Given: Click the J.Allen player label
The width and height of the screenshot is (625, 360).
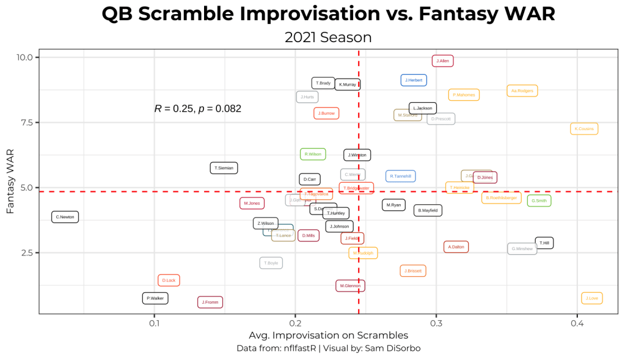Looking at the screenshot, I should point(442,61).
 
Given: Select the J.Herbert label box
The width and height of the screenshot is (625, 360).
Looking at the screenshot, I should point(414,80).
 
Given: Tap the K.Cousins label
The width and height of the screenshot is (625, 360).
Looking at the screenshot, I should point(584,129).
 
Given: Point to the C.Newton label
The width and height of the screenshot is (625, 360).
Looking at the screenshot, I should point(65,217).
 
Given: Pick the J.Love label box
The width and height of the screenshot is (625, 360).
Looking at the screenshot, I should point(592,298).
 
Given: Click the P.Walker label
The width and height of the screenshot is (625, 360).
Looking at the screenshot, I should point(155,298).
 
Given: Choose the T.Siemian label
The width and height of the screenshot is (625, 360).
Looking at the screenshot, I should point(224,168).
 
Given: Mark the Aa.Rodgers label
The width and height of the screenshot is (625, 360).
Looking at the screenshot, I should point(522,91).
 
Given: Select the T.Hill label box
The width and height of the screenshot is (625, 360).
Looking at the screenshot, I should point(544,243).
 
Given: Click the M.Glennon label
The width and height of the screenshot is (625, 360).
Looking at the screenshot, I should point(350,285).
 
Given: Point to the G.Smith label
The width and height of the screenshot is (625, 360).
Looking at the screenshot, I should point(539,200).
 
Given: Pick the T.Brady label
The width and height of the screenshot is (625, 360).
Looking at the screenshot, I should point(323,83).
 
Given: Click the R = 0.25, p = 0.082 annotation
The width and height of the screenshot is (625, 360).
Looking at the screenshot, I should point(198,109).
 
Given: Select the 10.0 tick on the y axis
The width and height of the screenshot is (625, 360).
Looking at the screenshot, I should point(24,57).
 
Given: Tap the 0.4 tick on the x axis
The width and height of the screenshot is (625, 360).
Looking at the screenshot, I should point(577,323).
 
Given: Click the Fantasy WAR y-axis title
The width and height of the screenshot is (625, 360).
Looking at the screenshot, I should point(10,183).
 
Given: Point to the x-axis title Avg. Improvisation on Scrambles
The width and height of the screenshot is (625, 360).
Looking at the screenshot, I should point(328,336).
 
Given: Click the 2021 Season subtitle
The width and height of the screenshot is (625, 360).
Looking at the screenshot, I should point(328,37).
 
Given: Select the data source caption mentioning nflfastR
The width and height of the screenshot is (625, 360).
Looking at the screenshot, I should point(328,348).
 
